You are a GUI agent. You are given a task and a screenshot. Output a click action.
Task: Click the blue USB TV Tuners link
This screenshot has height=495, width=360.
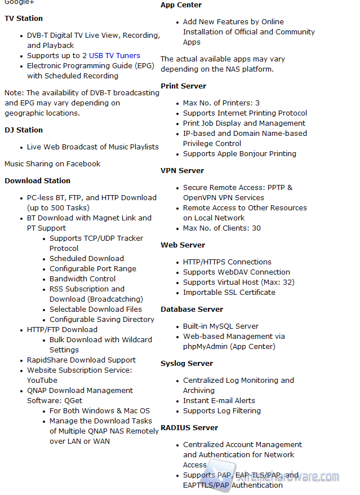[114, 56]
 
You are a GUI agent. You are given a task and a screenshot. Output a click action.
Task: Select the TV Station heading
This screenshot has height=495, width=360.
[24, 19]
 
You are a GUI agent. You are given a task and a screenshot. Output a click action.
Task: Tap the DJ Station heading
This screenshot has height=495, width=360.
[24, 130]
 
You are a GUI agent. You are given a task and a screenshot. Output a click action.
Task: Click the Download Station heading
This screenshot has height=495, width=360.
[37, 181]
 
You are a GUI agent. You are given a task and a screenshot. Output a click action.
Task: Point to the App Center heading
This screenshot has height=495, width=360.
[181, 5]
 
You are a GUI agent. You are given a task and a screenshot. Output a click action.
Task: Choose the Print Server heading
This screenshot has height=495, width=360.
[183, 86]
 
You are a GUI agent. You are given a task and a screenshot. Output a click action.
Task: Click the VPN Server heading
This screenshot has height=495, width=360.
[182, 171]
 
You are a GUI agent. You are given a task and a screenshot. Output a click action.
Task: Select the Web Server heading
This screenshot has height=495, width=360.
[183, 245]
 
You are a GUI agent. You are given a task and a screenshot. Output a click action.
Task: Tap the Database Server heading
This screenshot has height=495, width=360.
[192, 310]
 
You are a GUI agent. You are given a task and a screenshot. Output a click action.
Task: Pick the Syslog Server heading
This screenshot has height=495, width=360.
[186, 364]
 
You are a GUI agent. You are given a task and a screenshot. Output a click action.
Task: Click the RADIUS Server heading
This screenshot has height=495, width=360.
[189, 428]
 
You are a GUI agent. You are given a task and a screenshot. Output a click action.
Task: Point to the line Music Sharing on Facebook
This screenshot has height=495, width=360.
[52, 164]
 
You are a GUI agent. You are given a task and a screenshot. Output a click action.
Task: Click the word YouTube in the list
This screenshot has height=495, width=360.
[42, 381]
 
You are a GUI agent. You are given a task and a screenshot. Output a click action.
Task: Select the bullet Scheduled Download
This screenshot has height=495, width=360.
[86, 259]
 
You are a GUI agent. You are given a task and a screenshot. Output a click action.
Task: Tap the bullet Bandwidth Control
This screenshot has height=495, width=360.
[82, 279]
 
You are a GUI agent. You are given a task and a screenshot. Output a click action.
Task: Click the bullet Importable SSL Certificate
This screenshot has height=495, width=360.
[229, 293]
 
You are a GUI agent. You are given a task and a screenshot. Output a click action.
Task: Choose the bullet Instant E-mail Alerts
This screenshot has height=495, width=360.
[219, 401]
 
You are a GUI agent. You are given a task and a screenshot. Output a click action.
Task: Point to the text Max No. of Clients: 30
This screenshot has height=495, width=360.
[221, 228]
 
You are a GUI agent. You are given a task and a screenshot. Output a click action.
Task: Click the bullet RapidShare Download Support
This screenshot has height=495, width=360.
[81, 360]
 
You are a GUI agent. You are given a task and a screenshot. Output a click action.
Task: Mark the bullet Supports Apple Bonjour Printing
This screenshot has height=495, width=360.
[239, 154]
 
